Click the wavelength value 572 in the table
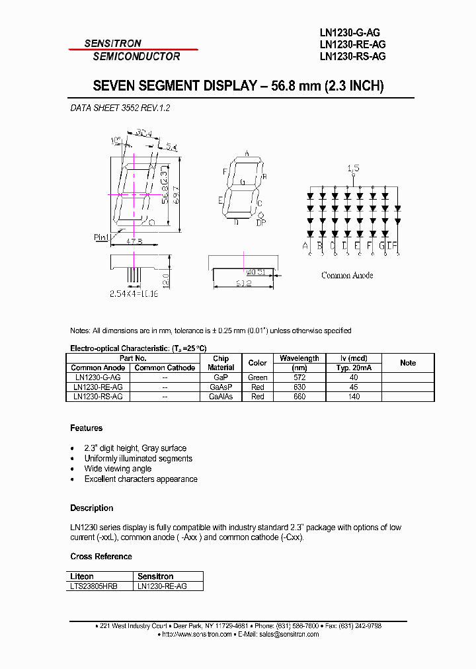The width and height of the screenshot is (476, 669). [x=299, y=377]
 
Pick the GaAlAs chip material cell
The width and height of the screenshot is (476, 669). [x=221, y=396]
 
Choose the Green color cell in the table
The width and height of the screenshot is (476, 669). [x=257, y=377]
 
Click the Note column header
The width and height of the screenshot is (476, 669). [x=408, y=363]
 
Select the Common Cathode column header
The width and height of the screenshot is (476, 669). [x=165, y=368]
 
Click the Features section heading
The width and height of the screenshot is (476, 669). [x=86, y=427]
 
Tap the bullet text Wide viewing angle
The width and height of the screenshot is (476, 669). [x=118, y=469]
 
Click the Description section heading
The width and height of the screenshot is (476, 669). [x=91, y=508]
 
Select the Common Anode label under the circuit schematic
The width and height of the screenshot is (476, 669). [x=347, y=275]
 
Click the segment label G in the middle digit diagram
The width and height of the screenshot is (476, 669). [x=243, y=182]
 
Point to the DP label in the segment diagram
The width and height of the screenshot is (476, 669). [x=261, y=223]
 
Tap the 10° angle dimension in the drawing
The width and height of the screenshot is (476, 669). [x=116, y=139]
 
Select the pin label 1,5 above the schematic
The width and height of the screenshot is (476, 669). [x=354, y=169]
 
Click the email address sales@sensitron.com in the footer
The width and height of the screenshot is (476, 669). [x=290, y=634]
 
